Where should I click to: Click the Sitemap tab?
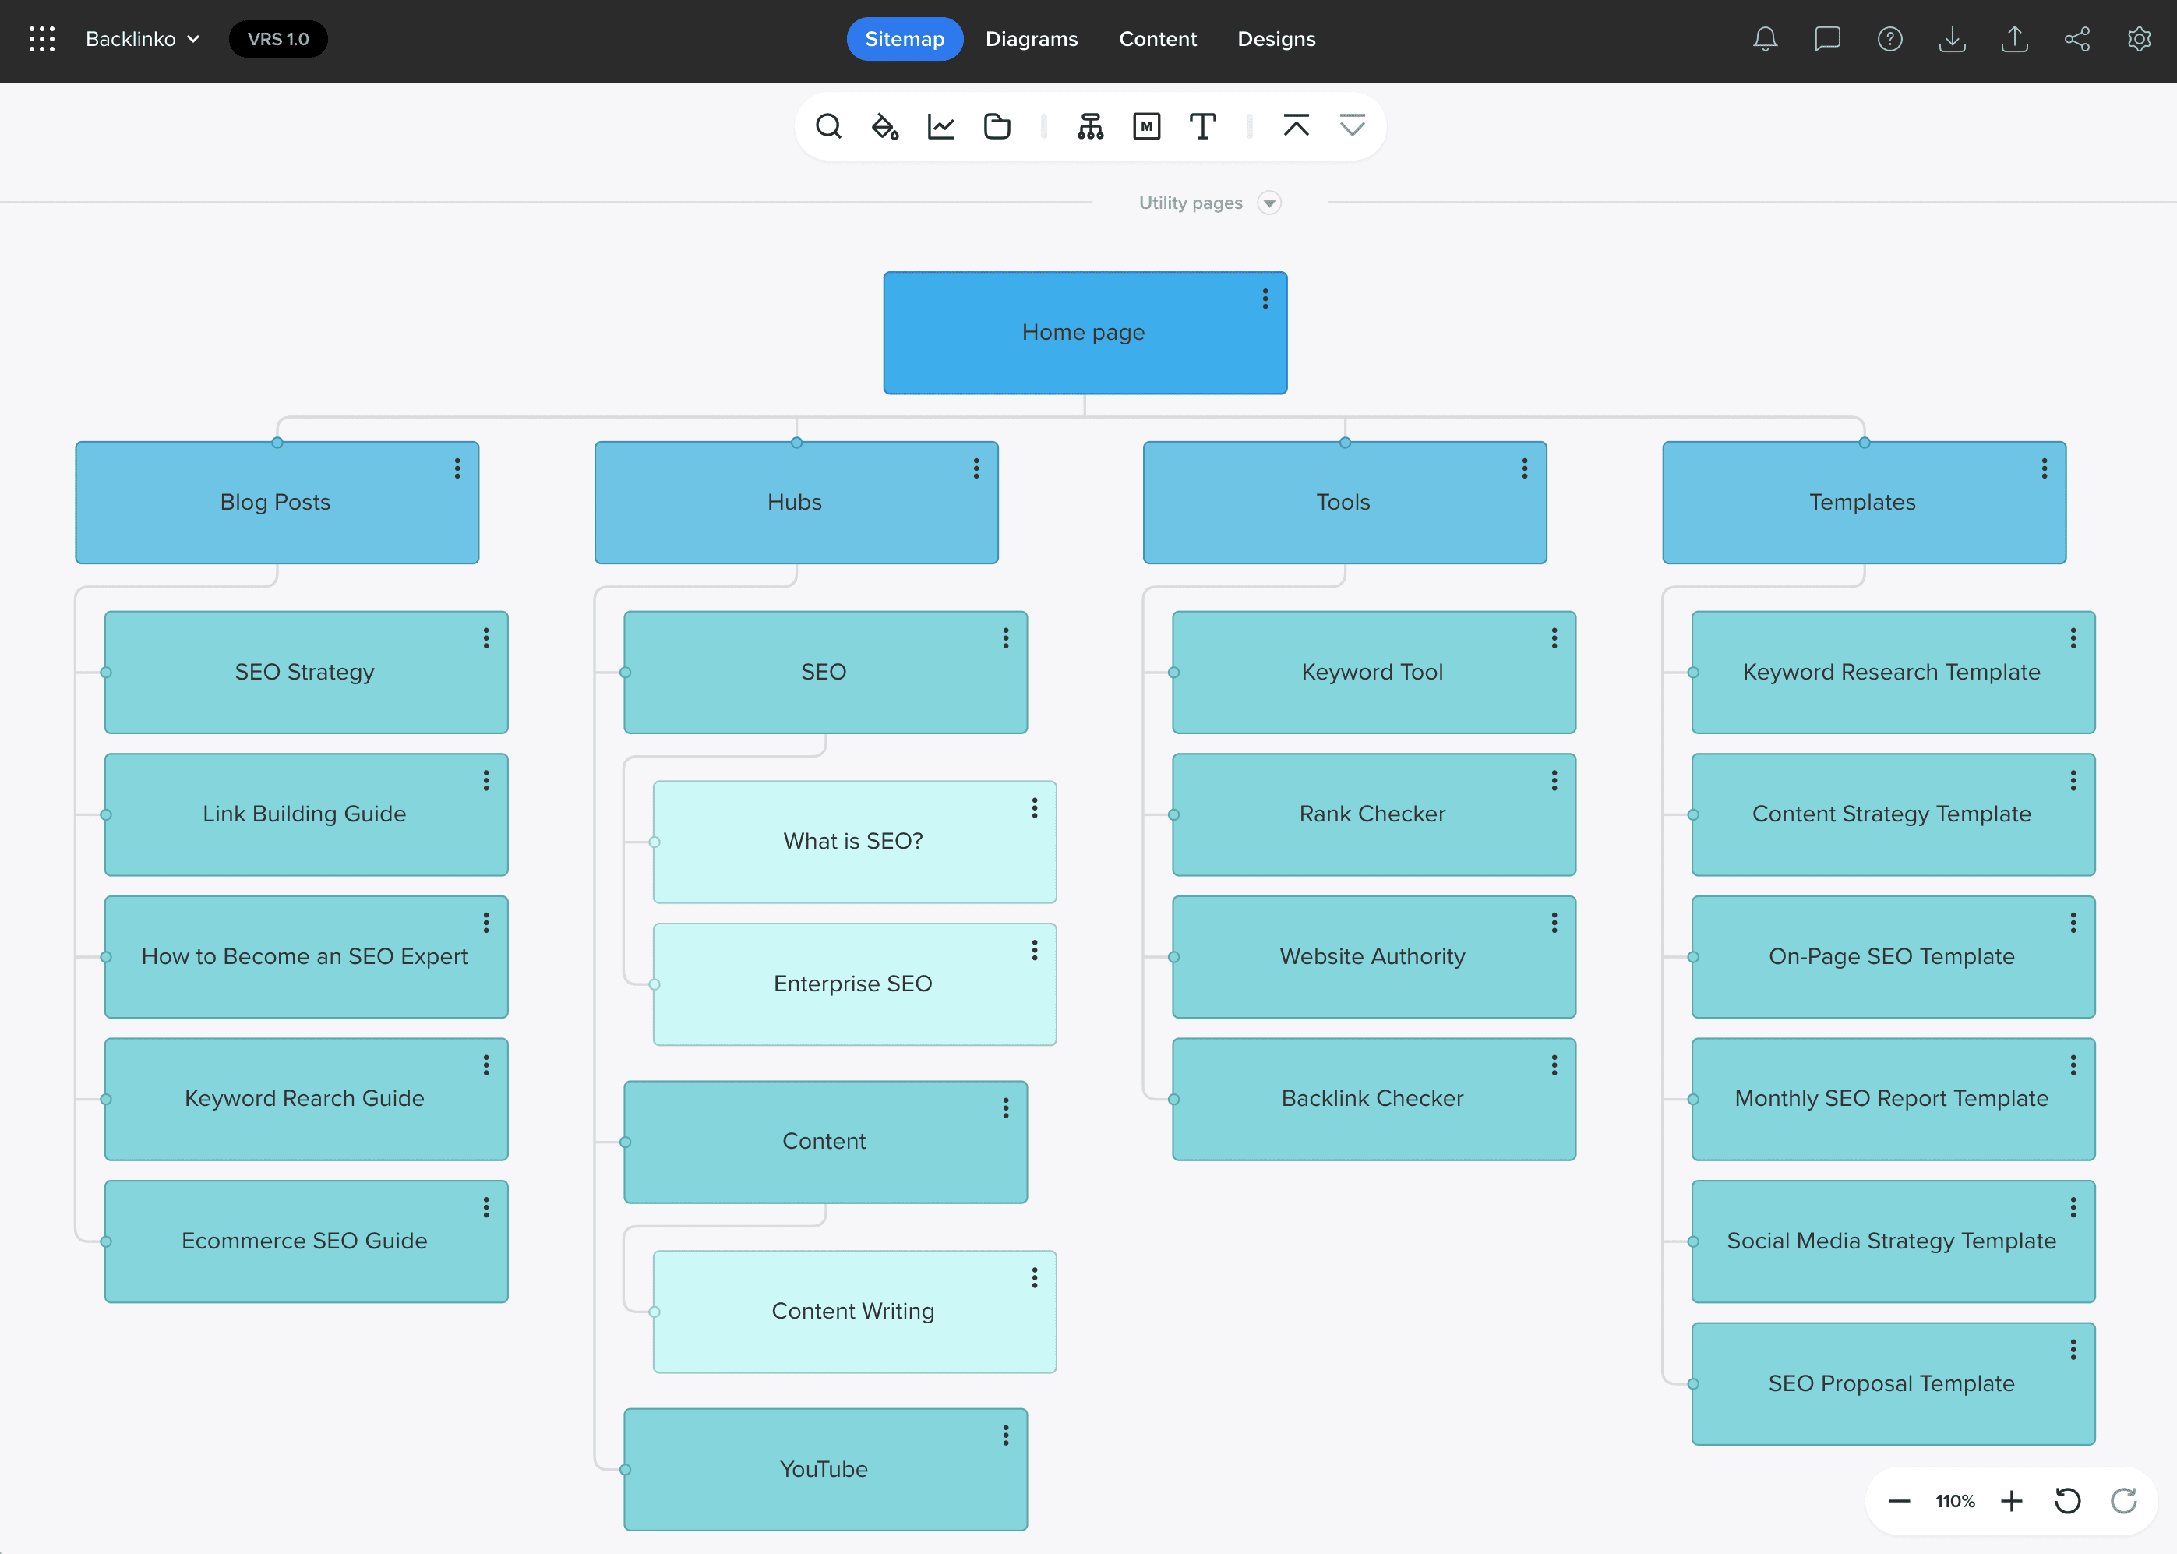[x=904, y=39]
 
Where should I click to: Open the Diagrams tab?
[x=1031, y=39]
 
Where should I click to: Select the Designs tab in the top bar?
[x=1276, y=39]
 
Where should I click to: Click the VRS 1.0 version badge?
[x=277, y=39]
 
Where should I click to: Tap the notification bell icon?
[x=1765, y=39]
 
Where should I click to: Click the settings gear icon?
[x=2139, y=39]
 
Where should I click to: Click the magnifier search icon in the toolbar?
[x=828, y=126]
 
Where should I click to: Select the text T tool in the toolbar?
[x=1202, y=126]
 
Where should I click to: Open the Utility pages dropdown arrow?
[x=1269, y=203]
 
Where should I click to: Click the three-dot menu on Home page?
[x=1265, y=299]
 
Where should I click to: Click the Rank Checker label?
[x=1371, y=814]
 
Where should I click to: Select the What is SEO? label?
[x=852, y=841]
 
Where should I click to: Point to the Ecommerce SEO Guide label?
[x=304, y=1241]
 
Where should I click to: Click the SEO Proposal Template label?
[x=1891, y=1383]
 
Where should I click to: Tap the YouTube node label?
[x=824, y=1470]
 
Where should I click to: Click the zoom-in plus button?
[x=2012, y=1501]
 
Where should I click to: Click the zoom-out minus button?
[x=1899, y=1501]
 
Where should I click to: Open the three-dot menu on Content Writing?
[x=1034, y=1278]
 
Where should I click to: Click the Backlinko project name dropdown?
[x=143, y=39]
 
